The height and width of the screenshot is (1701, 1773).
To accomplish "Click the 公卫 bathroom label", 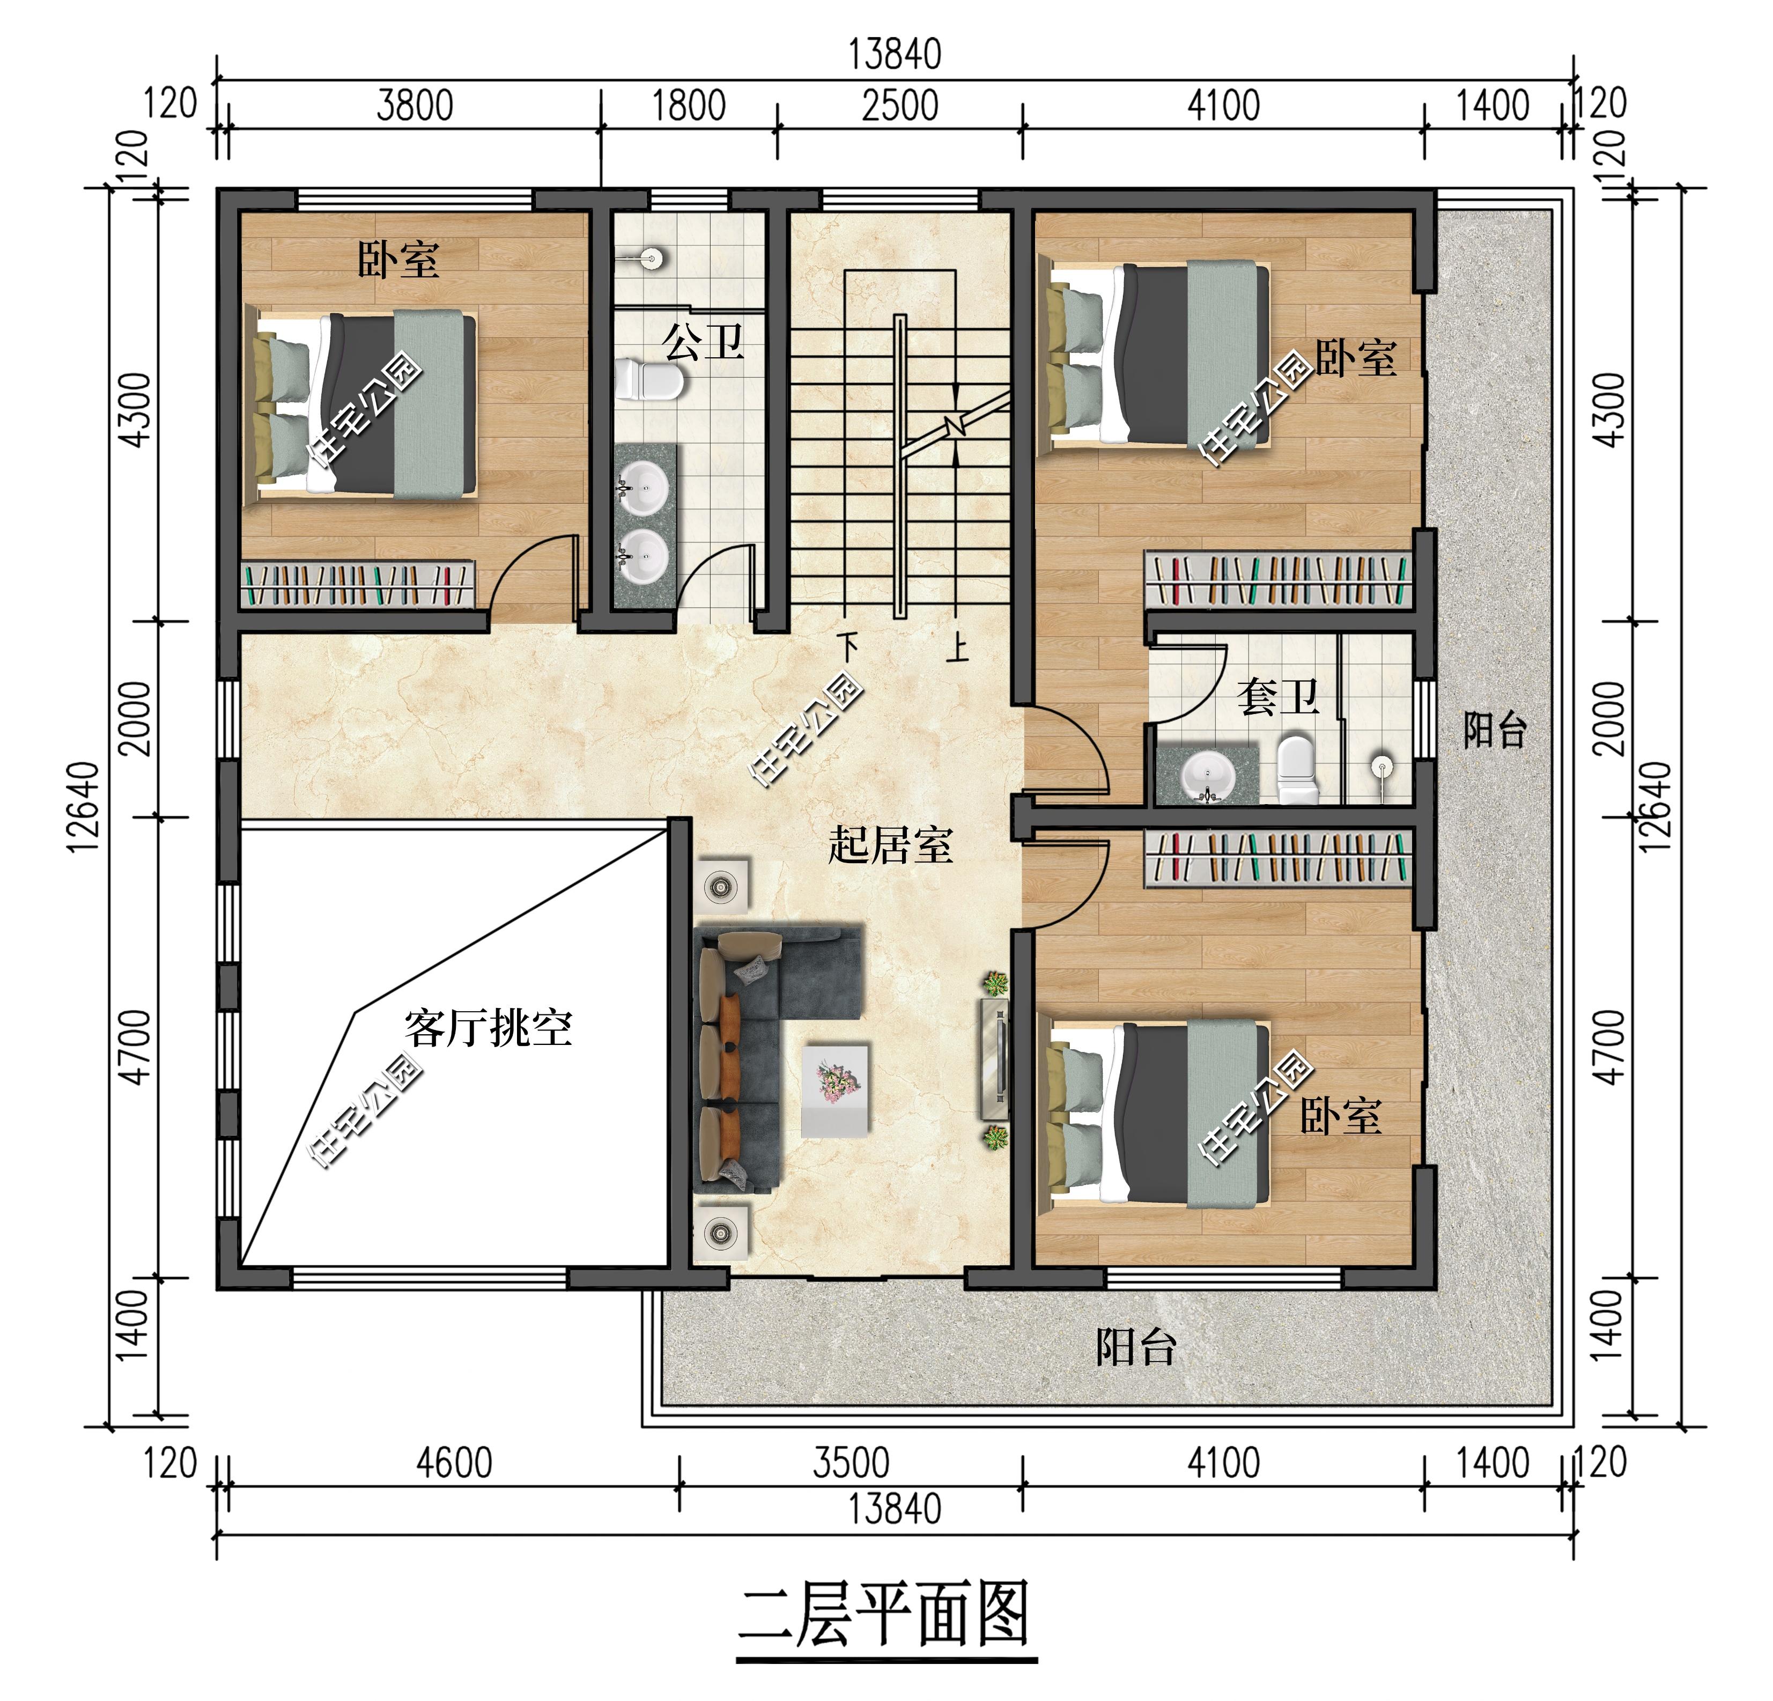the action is point(703,342).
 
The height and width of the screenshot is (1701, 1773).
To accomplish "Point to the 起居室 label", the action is point(890,845).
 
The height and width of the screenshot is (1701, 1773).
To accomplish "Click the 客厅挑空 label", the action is point(489,1028).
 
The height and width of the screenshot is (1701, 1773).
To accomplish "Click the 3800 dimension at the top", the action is point(415,106).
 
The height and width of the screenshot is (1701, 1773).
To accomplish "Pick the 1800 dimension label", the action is point(689,106).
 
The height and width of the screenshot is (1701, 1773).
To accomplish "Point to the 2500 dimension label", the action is point(900,106).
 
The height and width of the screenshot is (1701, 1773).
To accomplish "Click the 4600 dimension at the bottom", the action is point(454,1463).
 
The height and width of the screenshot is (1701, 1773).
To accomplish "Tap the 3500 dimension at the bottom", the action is point(851,1463).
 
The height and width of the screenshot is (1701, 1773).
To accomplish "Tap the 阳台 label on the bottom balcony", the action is point(1136,1347).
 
